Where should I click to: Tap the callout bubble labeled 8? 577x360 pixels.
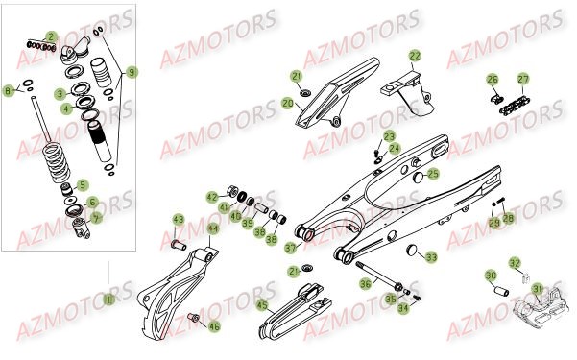9,90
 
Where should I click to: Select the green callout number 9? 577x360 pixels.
132,71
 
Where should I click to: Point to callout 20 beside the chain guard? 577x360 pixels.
288,103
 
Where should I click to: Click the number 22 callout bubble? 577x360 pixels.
415,56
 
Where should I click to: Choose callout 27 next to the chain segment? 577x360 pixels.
523,79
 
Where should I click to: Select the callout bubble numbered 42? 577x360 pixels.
212,197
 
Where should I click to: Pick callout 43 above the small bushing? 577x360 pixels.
178,220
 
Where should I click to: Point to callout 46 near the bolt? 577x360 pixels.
214,326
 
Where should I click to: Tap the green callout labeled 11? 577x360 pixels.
108,300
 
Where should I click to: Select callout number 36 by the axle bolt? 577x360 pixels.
365,283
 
